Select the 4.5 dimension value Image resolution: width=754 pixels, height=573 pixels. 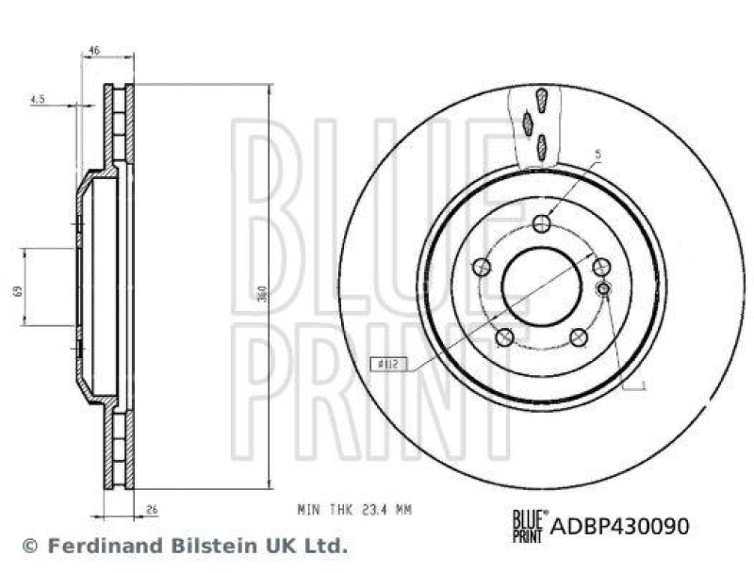[37, 97]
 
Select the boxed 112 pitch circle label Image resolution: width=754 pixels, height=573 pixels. [389, 362]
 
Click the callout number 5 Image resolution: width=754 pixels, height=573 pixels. [598, 154]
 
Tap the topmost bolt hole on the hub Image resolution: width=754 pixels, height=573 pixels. [541, 223]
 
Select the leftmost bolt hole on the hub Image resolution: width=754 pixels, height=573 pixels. [481, 267]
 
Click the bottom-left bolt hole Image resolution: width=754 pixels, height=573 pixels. [503, 336]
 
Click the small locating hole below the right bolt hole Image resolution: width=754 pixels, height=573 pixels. [604, 287]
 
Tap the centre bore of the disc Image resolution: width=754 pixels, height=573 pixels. [541, 286]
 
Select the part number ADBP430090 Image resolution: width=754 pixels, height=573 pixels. [619, 525]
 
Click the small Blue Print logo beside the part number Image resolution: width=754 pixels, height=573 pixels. [529, 525]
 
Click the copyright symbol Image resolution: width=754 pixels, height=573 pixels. [29, 546]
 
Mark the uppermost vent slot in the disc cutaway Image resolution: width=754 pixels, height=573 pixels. [540, 98]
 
